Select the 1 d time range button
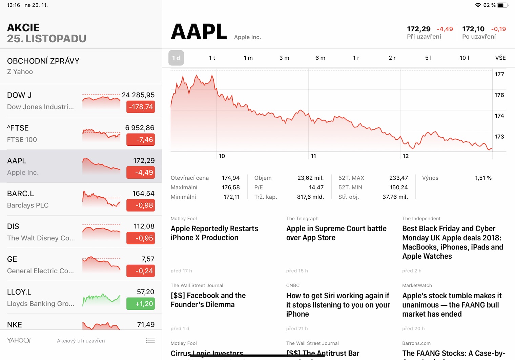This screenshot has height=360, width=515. tap(176, 58)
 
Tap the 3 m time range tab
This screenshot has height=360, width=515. tap(284, 58)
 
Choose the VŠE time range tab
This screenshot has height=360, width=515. tap(500, 58)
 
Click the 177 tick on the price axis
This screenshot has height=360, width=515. tap(499, 74)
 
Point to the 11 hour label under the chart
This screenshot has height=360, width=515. tap(313, 156)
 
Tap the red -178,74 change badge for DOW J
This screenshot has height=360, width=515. tap(141, 107)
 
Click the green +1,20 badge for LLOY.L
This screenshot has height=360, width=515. tap(141, 304)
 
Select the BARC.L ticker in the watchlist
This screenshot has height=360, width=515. tap(21, 194)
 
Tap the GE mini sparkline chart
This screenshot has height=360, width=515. tap(101, 265)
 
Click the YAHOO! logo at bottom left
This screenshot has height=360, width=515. tap(19, 340)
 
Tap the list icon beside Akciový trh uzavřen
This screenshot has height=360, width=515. tap(150, 340)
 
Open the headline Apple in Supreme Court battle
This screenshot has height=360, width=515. tap(336, 233)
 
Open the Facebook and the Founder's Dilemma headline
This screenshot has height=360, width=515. tap(208, 300)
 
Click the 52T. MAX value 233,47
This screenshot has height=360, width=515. tap(398, 178)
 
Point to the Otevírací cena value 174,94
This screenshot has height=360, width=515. tap(230, 178)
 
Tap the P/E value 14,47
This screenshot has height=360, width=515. tap(316, 187)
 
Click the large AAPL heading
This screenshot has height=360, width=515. tap(199, 32)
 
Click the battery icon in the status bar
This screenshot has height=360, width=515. tap(503, 5)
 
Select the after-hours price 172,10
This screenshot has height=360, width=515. tap(473, 29)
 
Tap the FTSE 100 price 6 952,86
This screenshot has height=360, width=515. tap(140, 128)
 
